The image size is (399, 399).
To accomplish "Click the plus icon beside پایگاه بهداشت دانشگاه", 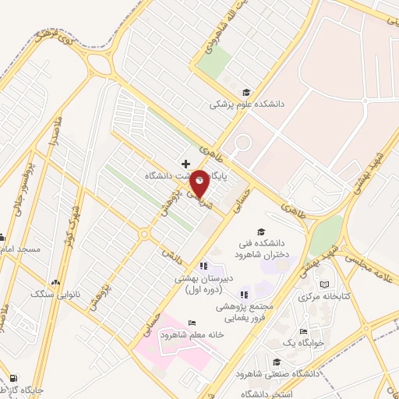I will (185, 164).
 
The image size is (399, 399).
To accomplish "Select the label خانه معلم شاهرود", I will (192, 334).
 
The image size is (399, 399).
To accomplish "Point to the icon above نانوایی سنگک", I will (55, 282).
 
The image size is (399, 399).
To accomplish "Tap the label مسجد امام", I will (20, 248).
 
